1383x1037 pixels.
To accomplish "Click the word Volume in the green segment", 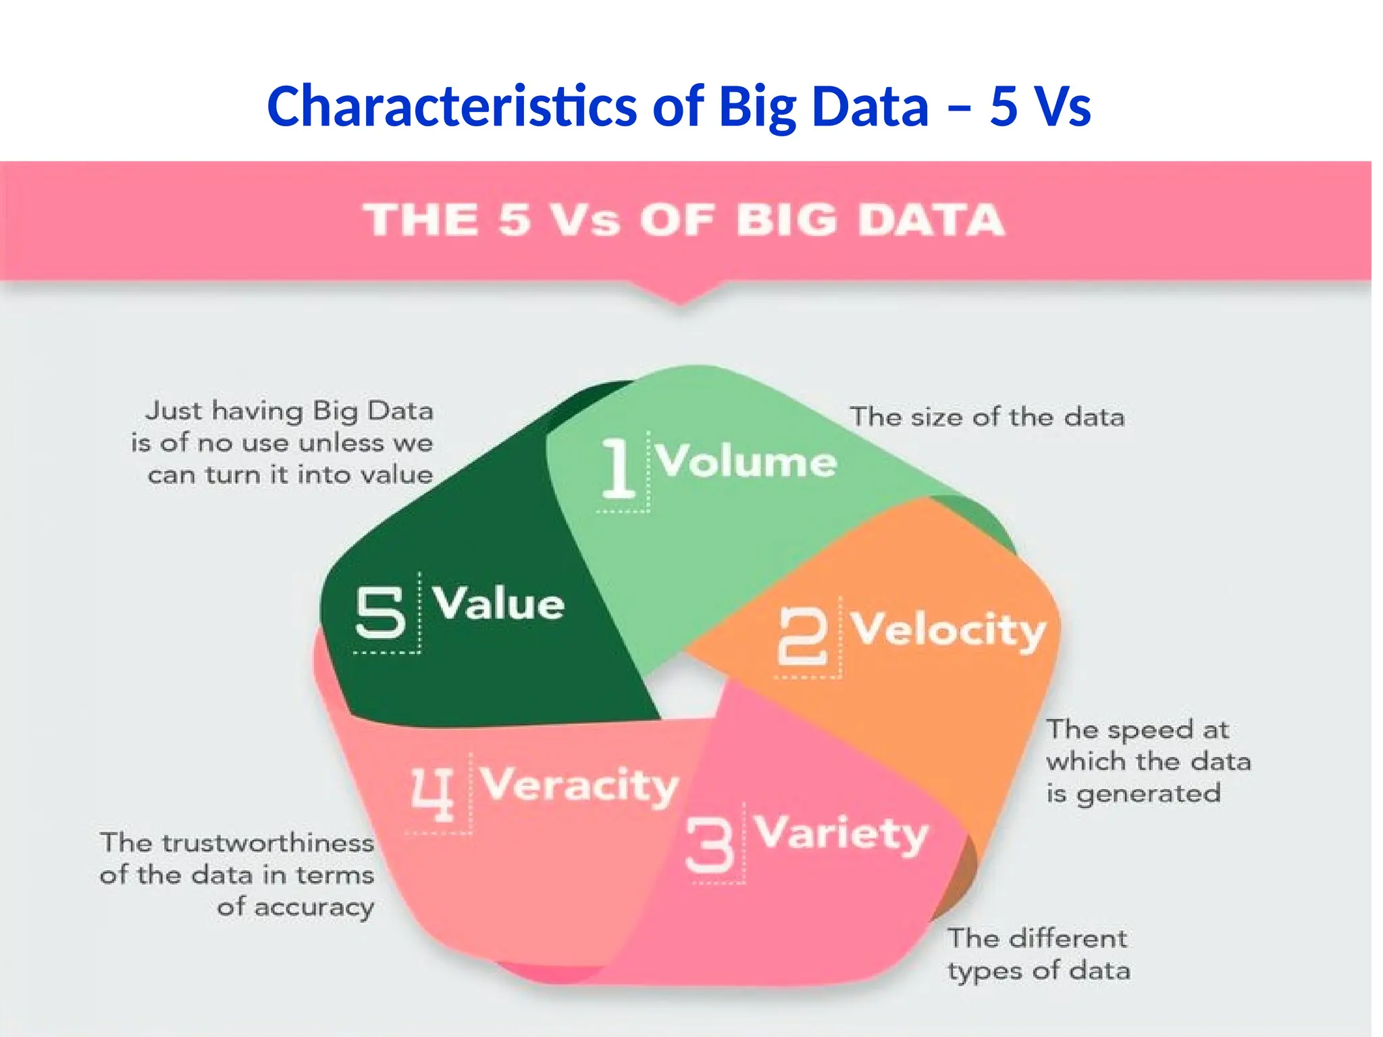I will click(x=746, y=461).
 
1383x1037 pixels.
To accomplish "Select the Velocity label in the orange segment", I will click(x=947, y=631).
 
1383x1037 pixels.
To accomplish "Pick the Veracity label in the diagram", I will click(x=579, y=785).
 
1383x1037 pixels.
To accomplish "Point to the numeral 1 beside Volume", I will click(x=619, y=467).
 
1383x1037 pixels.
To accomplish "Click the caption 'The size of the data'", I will click(x=987, y=417).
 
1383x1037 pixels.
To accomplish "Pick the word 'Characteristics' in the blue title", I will click(x=452, y=107).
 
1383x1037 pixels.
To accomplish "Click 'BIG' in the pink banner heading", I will click(x=783, y=220).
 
